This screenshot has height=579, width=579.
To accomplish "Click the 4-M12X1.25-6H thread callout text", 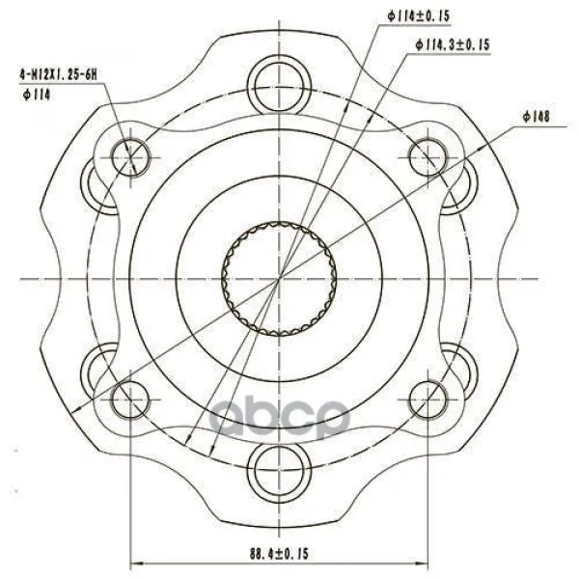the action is click(x=58, y=75).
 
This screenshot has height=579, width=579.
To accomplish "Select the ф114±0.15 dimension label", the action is click(x=419, y=16).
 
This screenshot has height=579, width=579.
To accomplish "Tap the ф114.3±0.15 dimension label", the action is click(x=453, y=45).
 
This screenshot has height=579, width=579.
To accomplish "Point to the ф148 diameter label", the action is click(x=537, y=117).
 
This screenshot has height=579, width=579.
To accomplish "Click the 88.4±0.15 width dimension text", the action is click(x=279, y=554).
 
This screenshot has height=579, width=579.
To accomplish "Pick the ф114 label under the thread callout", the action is click(x=37, y=96).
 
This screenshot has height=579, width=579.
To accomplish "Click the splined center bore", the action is click(x=279, y=279).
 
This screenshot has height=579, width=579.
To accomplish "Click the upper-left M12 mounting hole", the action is click(x=130, y=157).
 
